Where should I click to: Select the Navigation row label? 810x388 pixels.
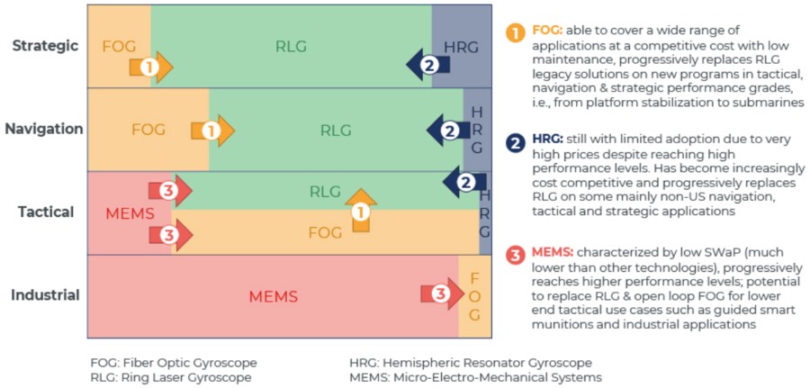(44, 129)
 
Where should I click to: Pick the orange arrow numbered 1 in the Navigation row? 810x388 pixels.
(212, 131)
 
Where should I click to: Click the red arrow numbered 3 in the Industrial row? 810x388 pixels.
(441, 293)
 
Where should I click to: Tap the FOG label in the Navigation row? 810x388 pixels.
(148, 130)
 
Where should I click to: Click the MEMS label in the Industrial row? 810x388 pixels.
(274, 296)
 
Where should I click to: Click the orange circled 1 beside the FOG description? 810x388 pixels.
(516, 33)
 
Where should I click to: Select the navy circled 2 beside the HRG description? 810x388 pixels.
(516, 142)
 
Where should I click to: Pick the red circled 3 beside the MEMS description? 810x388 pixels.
(516, 254)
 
